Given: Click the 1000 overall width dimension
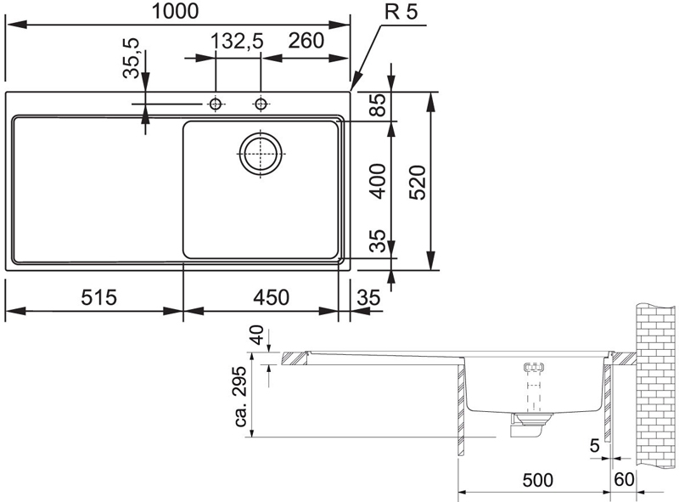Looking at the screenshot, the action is tap(175, 11).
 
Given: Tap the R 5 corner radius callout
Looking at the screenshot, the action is tap(401, 12).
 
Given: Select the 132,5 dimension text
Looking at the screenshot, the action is tap(237, 42).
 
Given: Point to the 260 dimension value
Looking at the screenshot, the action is tap(306, 41).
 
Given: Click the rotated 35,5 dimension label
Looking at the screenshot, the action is tap(131, 58).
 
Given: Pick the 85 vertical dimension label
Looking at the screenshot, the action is tap(378, 105).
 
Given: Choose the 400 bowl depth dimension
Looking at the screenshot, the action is tap(379, 181).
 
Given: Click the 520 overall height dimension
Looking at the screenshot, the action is tap(418, 182).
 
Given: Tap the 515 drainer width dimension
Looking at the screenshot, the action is tap(99, 298).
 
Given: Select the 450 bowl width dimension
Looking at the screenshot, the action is tap(271, 298).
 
